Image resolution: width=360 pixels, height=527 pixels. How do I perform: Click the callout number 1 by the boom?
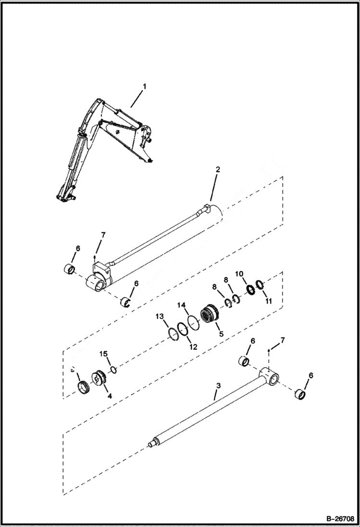[144, 87]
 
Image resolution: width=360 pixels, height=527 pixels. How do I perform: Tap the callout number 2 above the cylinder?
[218, 170]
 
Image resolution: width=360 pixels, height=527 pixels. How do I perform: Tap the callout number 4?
[110, 396]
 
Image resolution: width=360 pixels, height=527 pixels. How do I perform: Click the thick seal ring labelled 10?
[251, 290]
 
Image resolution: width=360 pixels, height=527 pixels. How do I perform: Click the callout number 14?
[181, 306]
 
